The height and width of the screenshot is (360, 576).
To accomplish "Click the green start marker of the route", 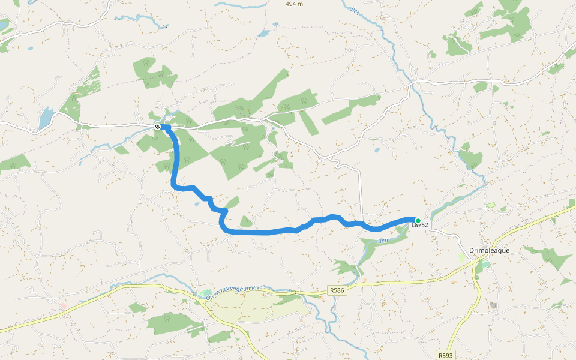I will pos(418,221).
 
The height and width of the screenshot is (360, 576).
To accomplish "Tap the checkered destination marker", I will pos(157,127).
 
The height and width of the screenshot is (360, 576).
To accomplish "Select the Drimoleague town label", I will pos(490,250).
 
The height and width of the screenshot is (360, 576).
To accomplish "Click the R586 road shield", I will pos(337,290).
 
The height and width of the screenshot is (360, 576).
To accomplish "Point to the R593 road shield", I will pos(445,355).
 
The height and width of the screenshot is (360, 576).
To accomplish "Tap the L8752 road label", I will pos(421,225).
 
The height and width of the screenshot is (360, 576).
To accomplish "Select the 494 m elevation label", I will pos(294,4).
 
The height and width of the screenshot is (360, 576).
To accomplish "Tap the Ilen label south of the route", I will pos(383,241).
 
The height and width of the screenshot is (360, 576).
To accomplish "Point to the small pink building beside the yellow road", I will pos(64,305).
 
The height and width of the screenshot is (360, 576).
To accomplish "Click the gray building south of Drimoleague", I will pos(493,305).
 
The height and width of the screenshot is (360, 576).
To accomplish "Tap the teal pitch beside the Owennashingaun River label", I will pos(207,293).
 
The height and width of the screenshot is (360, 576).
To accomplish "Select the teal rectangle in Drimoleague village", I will pos(485,263).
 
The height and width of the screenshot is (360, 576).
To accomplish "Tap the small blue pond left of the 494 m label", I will pos(265,34).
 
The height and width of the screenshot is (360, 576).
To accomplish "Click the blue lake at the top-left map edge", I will pos(4,25).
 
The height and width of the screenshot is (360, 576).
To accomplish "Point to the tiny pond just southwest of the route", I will pos(197,204).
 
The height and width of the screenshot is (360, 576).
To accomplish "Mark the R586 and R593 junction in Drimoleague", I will pos(476,262).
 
